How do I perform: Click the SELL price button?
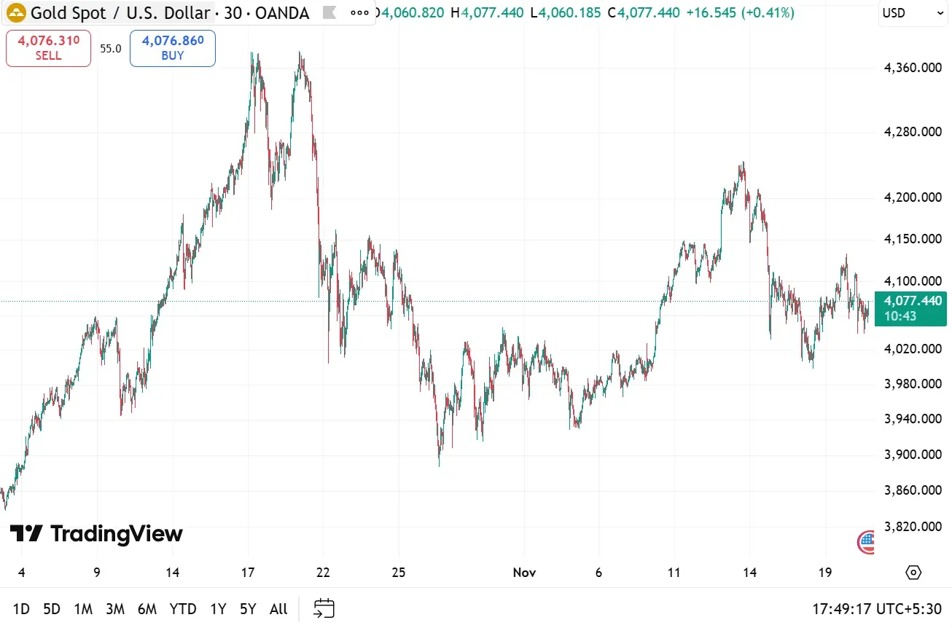coord(48,49)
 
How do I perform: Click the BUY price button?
coord(173,49)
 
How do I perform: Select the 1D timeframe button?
coord(21,609)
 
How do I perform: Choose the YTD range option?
coord(183,609)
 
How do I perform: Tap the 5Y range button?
coord(249,609)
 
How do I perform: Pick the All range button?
coord(278,609)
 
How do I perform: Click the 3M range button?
coord(114,609)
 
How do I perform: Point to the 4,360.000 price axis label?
coord(913,68)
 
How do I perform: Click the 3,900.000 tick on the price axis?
coord(913,455)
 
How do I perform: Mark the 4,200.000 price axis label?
coord(913,197)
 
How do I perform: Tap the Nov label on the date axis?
coord(524,573)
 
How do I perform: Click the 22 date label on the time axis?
coord(323,573)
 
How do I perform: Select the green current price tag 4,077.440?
coord(911,308)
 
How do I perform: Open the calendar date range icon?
coord(324,608)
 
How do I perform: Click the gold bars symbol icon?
coord(16,13)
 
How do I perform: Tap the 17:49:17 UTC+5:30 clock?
coord(878,609)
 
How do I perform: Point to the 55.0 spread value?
coord(111,49)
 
